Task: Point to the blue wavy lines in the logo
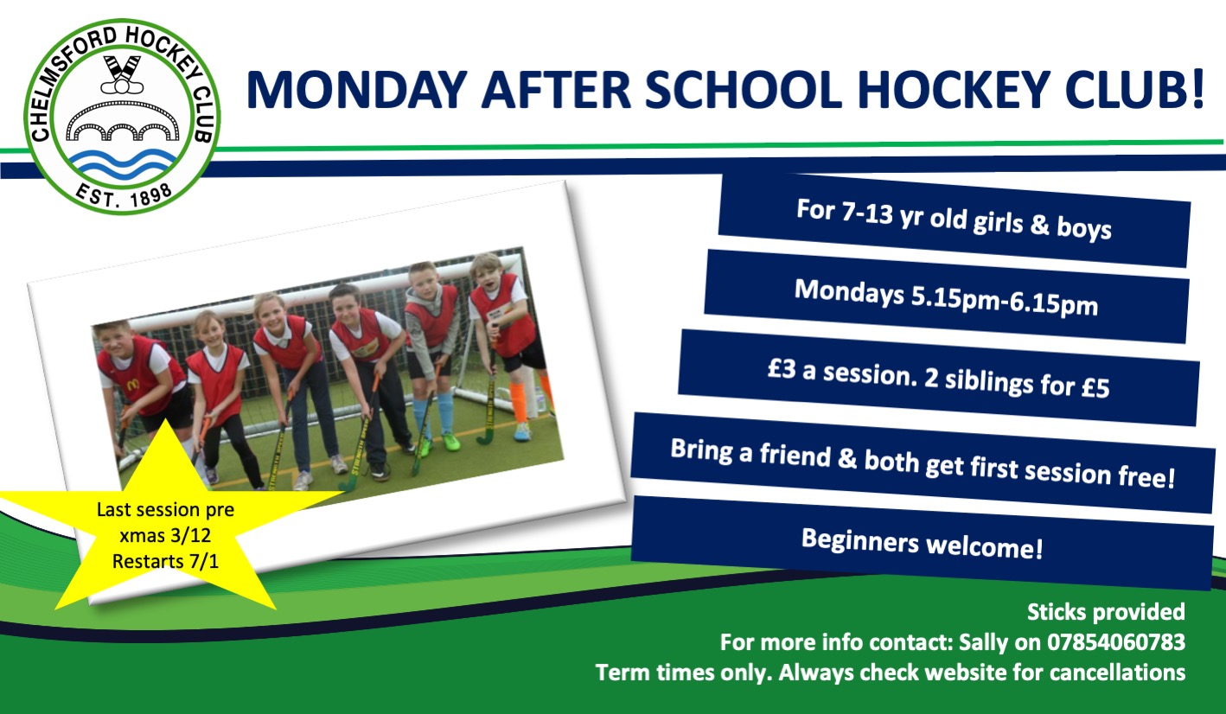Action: [121, 163]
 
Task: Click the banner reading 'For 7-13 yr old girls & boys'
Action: [953, 220]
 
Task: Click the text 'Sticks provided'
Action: [1106, 613]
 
